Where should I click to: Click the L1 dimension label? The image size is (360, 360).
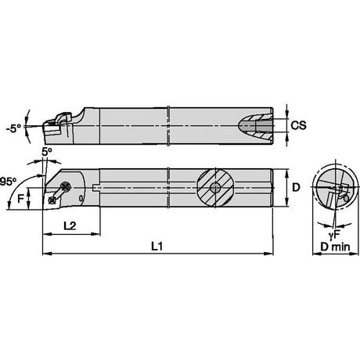click(x=157, y=246)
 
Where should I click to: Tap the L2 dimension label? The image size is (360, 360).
click(x=70, y=225)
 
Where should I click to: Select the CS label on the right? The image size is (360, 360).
click(x=299, y=125)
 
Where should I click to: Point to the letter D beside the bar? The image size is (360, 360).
click(x=296, y=187)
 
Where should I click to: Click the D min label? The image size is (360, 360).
click(x=335, y=247)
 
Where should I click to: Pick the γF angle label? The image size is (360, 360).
click(x=334, y=235)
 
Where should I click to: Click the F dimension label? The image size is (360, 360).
click(x=20, y=199)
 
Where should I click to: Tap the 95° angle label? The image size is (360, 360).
click(x=8, y=182)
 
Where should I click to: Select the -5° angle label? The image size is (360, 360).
click(x=14, y=128)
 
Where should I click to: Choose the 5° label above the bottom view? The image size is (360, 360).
click(x=47, y=152)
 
